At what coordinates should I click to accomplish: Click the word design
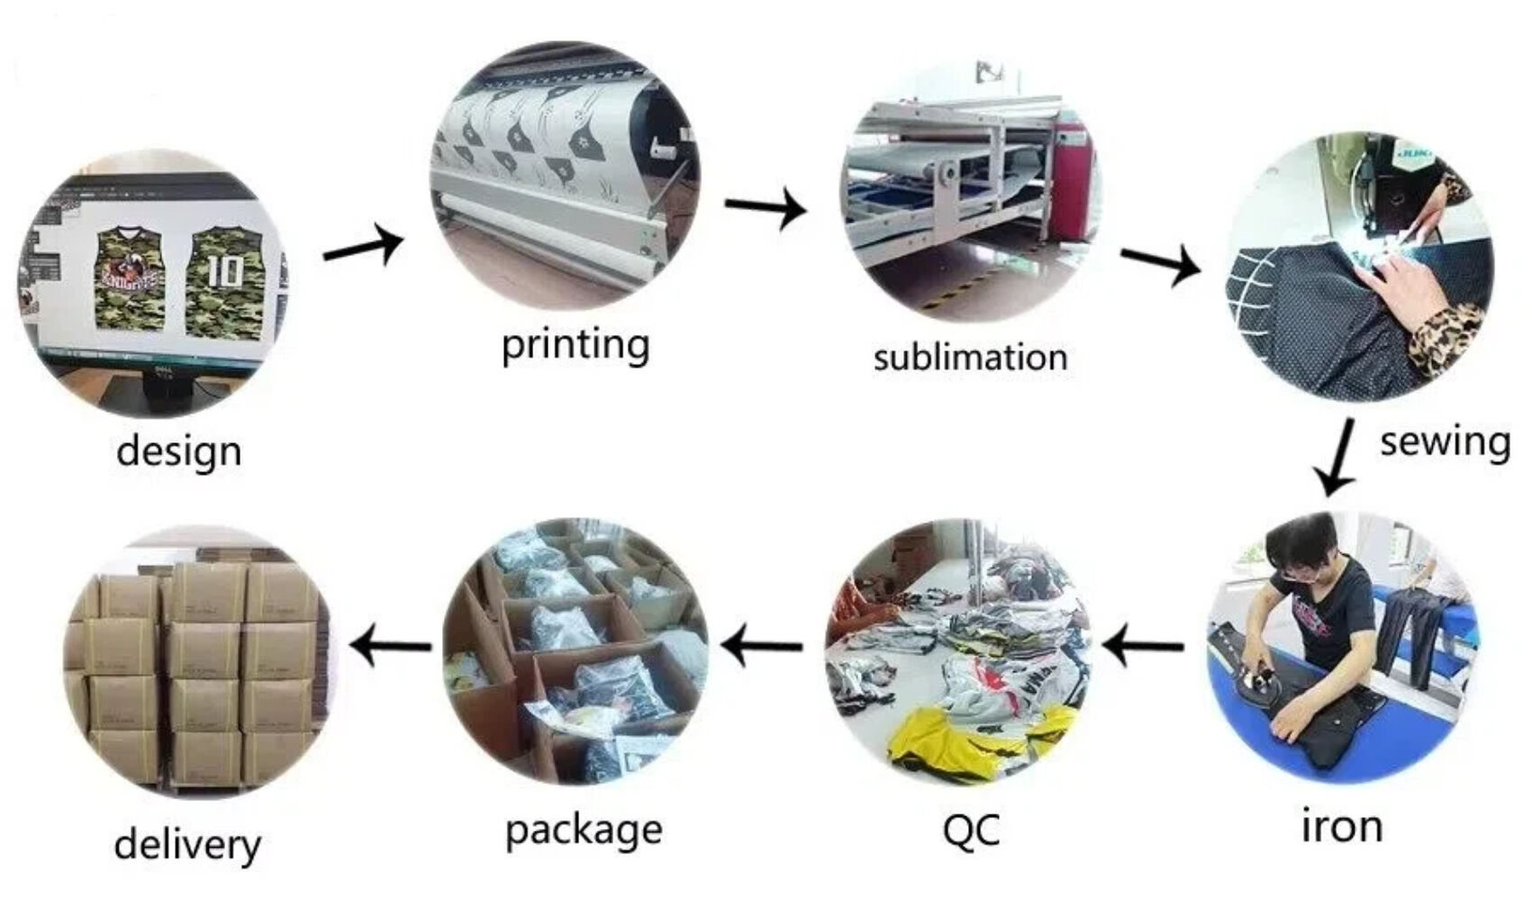tap(178, 450)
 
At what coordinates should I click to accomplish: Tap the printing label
tap(575, 344)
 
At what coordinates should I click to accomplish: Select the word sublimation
tap(970, 358)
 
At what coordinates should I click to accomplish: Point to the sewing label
tap(1444, 441)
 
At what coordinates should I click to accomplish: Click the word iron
tap(1341, 825)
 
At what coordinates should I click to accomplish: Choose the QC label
tap(970, 829)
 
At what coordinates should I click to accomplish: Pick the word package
tap(584, 830)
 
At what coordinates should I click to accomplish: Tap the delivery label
tap(187, 844)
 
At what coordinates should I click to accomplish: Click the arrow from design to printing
tap(363, 245)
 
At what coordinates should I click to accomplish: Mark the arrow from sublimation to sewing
tap(1160, 263)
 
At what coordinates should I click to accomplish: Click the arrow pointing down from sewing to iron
tap(1335, 457)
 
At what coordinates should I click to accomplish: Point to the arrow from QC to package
tap(762, 645)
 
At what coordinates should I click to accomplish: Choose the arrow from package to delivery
tap(390, 645)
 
